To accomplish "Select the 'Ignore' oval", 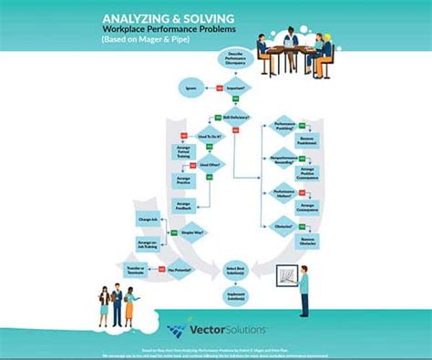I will coord(190,88).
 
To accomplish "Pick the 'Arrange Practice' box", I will coord(183,180).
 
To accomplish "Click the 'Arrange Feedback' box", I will coord(183,207).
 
